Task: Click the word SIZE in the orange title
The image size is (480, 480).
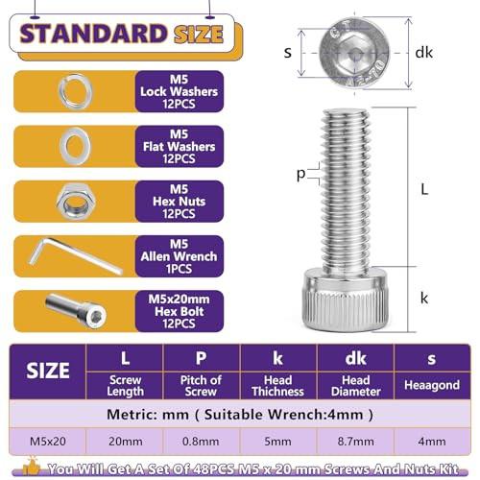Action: click(x=199, y=34)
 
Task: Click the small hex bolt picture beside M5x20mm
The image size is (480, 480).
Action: click(x=76, y=310)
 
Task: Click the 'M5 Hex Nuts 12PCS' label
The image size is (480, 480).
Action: click(x=179, y=202)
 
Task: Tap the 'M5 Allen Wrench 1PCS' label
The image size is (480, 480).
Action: click(x=179, y=256)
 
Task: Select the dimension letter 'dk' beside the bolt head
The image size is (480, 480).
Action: click(x=423, y=53)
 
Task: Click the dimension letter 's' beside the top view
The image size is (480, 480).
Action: click(x=288, y=53)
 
